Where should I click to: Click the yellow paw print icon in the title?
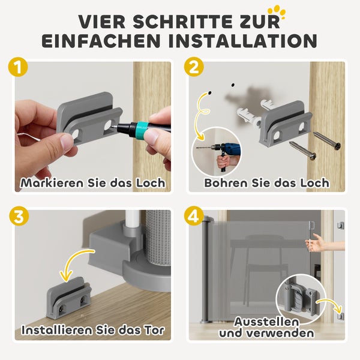277,10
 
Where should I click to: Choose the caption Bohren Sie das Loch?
266,182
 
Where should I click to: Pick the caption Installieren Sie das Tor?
92,329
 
